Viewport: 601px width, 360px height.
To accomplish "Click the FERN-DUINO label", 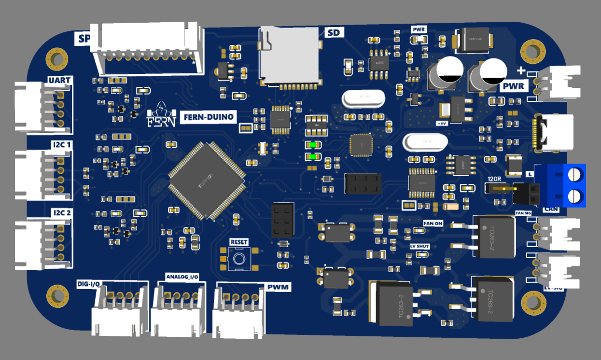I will (x=209, y=117).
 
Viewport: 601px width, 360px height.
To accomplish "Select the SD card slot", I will (x=290, y=56).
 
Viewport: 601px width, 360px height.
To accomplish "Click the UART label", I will (x=59, y=80).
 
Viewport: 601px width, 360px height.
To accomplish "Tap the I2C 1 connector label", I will (x=61, y=145).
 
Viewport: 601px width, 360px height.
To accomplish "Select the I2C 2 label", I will (x=61, y=213).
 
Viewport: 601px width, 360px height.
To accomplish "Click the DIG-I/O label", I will (x=89, y=284).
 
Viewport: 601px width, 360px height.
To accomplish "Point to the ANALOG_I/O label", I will (x=182, y=277).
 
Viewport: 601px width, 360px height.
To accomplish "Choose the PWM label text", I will (x=278, y=288).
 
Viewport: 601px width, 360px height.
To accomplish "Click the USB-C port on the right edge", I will (x=555, y=133).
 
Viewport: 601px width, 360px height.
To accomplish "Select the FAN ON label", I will (x=433, y=223).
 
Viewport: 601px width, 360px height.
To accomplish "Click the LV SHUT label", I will (x=416, y=246).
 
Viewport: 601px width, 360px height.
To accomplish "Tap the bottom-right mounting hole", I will (x=534, y=303).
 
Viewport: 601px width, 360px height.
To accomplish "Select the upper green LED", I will (x=313, y=144).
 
